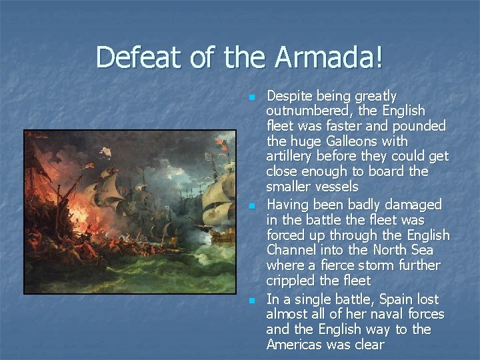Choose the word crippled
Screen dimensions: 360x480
coord(291,281)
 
